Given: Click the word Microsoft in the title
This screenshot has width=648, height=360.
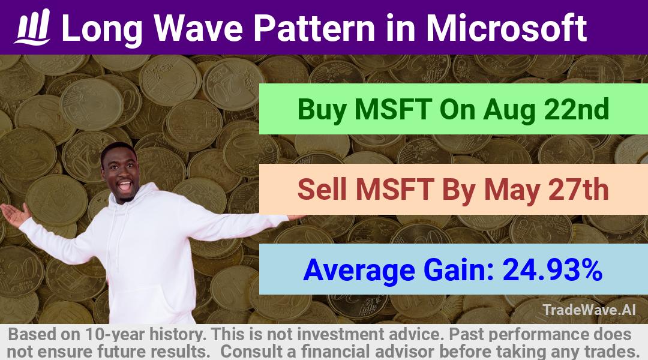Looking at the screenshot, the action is (x=506, y=28).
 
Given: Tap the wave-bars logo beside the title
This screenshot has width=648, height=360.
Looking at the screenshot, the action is (x=32, y=27).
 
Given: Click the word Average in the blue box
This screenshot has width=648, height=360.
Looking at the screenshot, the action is (x=359, y=270).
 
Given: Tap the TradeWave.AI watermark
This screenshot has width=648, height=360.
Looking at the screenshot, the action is (x=589, y=310).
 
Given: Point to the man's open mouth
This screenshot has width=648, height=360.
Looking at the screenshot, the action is (x=124, y=185).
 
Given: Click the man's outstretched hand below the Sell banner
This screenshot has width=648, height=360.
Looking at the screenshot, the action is (x=295, y=217).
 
